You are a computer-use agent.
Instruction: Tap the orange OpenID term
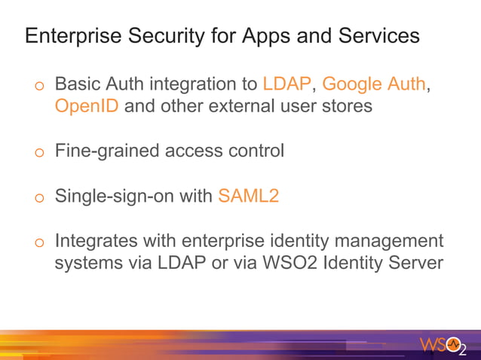coord(87,105)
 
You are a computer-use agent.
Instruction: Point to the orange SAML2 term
coord(249,197)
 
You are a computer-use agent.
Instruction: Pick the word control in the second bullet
coord(256,151)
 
